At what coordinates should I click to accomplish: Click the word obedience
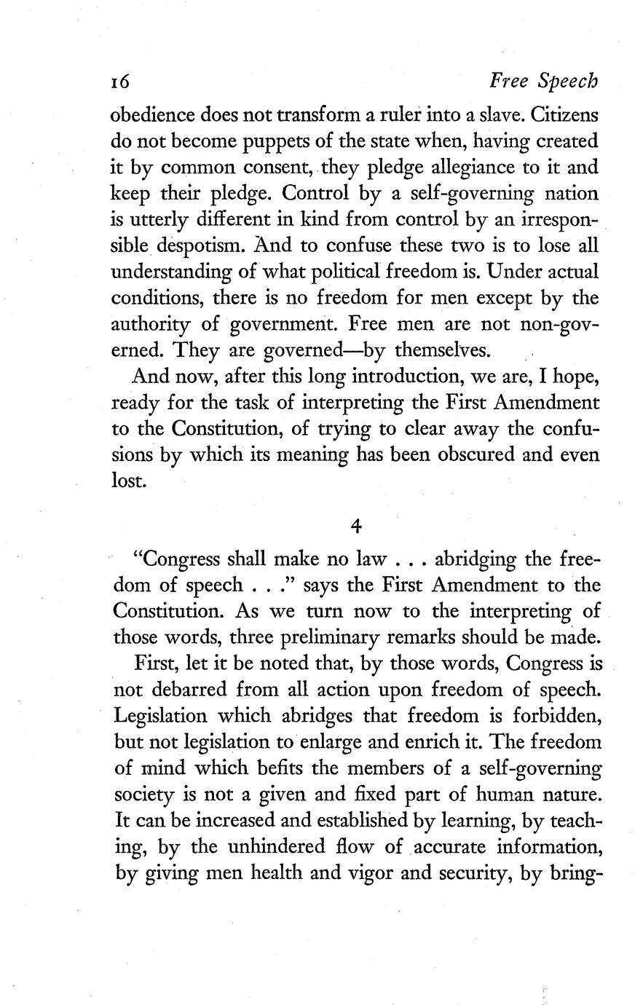click(150, 114)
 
